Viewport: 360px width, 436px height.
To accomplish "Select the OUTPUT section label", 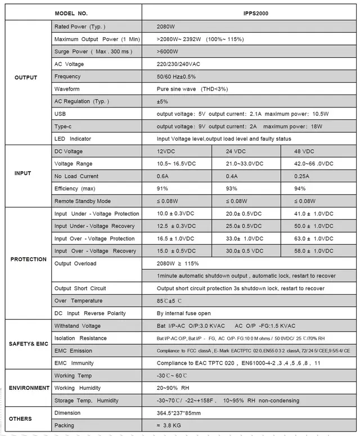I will (26, 78).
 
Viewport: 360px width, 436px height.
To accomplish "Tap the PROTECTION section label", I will (28, 259).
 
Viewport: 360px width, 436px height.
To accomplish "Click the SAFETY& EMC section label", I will (28, 344).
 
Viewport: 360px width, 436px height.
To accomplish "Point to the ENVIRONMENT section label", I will (29, 388).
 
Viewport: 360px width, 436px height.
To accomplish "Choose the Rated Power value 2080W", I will (167, 27).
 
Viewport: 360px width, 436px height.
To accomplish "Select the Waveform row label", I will (67, 89).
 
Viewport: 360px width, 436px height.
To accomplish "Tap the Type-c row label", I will (63, 126).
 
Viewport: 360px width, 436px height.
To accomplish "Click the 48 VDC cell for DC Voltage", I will (304, 151).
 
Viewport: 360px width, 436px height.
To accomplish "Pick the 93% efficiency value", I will (232, 188).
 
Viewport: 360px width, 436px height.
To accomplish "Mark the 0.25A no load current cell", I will (303, 176).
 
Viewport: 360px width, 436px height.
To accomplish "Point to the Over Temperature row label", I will (79, 301).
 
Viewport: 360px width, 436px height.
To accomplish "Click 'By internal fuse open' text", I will (184, 313).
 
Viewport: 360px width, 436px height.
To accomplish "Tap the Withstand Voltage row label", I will (78, 326).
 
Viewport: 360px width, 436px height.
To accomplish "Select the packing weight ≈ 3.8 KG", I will (172, 426).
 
